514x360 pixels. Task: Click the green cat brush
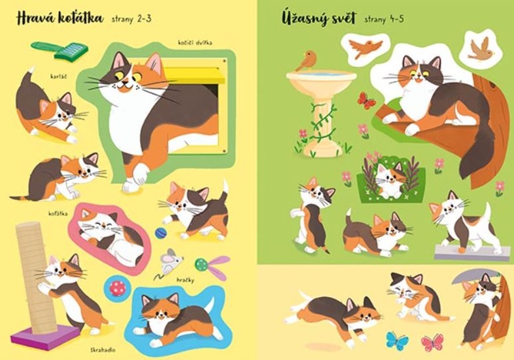point(60,50)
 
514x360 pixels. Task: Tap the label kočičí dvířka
point(195,43)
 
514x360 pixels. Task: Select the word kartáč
point(58,76)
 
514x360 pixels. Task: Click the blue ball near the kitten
point(161,233)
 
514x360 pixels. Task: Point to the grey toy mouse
point(169,261)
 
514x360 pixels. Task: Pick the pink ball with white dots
point(117,289)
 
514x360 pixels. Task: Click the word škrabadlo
point(103,350)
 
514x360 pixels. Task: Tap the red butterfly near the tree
point(366,100)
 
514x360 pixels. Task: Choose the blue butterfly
point(398,341)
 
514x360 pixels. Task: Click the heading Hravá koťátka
point(60,19)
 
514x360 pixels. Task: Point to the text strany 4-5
point(384,20)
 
